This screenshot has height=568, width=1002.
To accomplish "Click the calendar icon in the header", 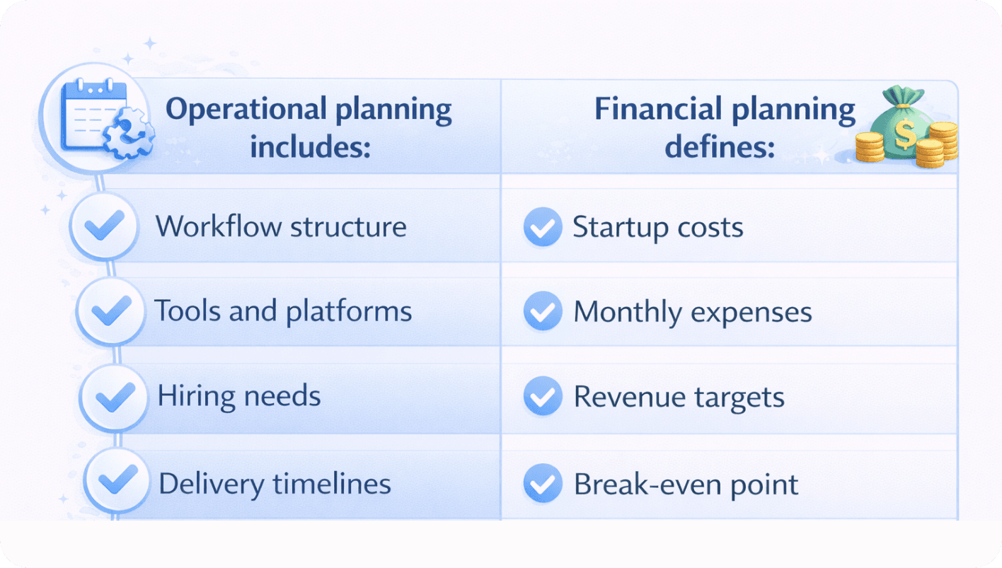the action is coord(95,115).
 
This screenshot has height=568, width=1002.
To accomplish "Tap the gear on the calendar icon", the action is coord(129,133).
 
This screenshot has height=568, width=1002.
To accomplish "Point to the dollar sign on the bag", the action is coord(905,134).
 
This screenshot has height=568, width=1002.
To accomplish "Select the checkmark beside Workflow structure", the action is coord(104,225).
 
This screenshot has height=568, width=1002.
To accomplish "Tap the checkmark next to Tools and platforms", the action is coord(111,311).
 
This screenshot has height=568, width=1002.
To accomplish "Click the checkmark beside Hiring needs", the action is coord(115,396).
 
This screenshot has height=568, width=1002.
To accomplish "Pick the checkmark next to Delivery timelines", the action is coord(117,479).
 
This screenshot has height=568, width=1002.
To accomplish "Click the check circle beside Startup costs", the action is coord(543,227).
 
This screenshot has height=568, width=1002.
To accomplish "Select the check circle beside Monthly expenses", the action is coord(543,311).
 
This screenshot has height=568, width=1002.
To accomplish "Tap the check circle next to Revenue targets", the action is coord(543,396).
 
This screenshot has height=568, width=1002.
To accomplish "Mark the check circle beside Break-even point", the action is coord(543,483).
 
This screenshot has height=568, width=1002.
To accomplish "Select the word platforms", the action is coord(349,312).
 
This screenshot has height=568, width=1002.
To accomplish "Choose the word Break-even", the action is coord(647,484).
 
